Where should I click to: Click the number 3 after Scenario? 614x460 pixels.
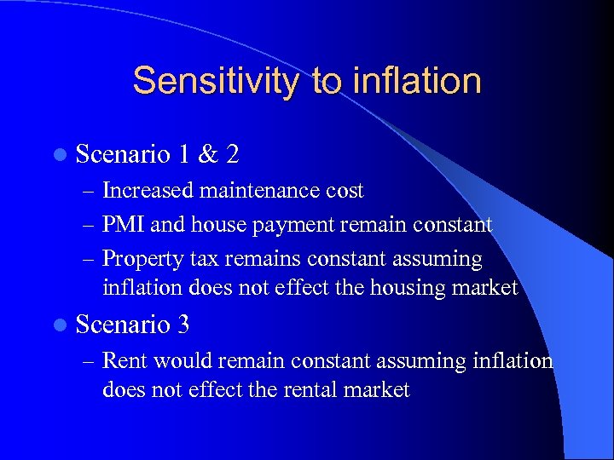coord(184,325)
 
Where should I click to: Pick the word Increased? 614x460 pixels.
coord(148,191)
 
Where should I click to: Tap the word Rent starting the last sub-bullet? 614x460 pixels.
coord(123,361)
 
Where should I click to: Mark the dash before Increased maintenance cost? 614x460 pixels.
coord(89,192)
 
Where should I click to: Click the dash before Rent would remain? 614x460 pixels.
coord(89,362)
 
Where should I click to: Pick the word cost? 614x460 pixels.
coord(345,191)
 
